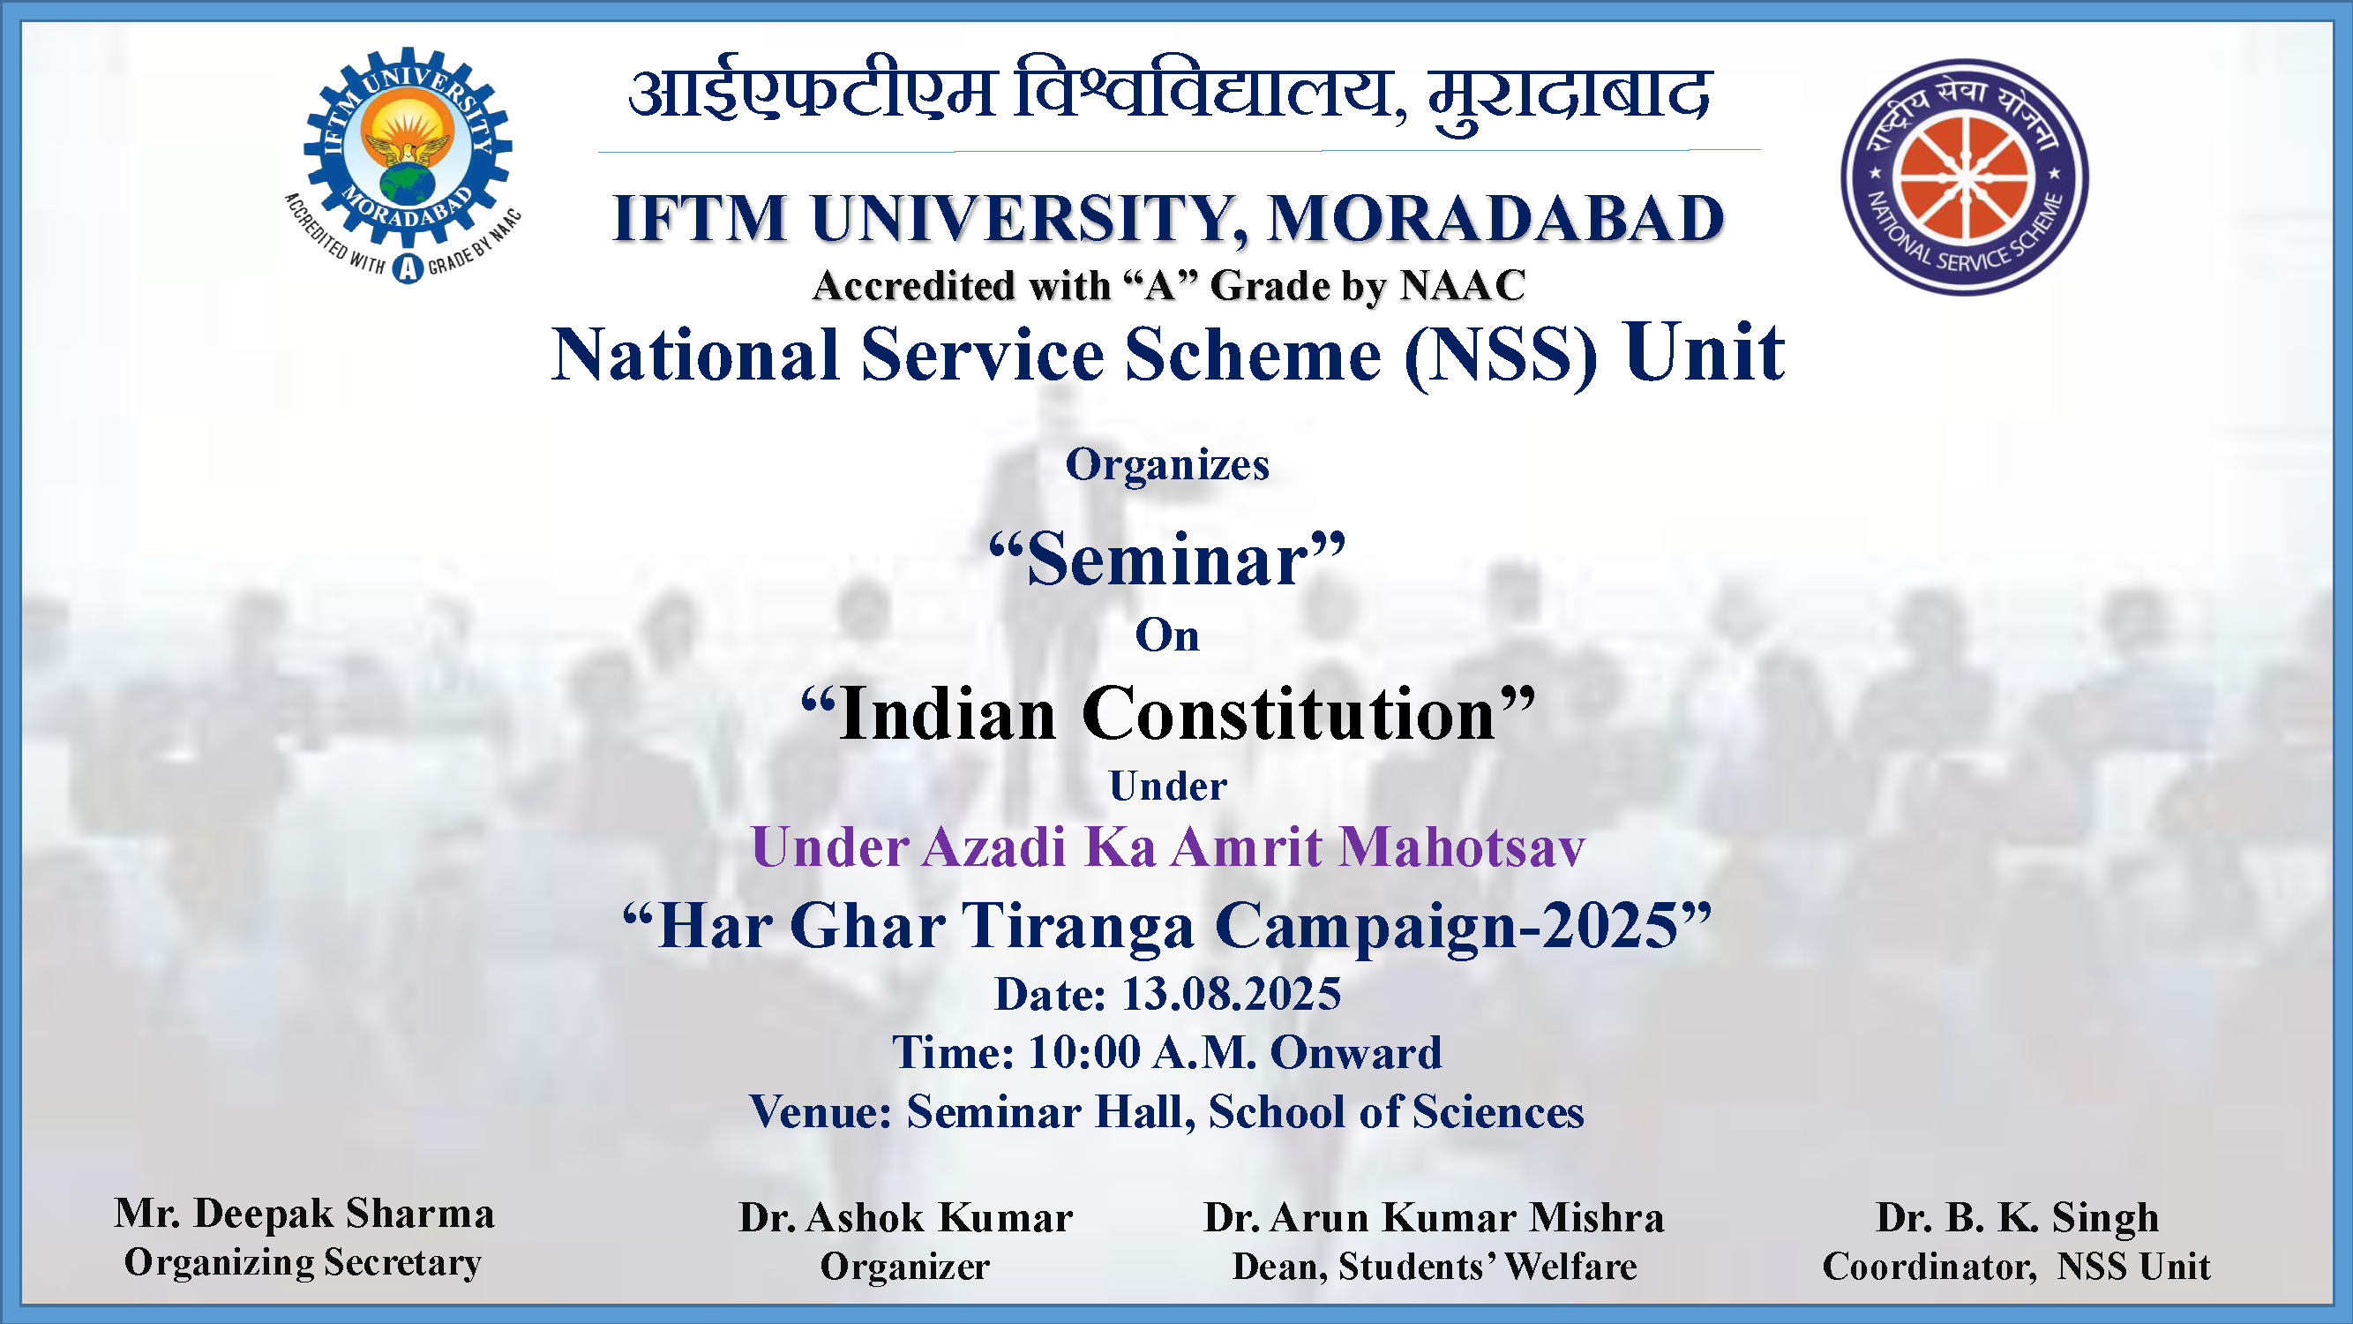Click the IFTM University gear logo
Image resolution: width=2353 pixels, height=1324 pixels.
pyautogui.click(x=405, y=164)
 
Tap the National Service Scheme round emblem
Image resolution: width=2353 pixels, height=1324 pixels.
pyautogui.click(x=1964, y=177)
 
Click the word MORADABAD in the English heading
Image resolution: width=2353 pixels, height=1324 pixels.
pyautogui.click(x=1496, y=219)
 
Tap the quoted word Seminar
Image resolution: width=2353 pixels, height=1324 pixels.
pyautogui.click(x=1167, y=560)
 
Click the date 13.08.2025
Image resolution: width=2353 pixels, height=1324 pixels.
pyautogui.click(x=1232, y=994)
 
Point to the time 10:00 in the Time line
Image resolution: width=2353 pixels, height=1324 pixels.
pyautogui.click(x=1084, y=1053)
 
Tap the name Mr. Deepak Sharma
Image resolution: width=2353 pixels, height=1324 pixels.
pyautogui.click(x=304, y=1215)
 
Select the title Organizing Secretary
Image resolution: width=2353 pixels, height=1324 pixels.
pyautogui.click(x=303, y=1264)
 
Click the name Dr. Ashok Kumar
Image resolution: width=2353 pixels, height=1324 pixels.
pyautogui.click(x=905, y=1218)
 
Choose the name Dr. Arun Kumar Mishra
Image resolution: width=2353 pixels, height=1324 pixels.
pyautogui.click(x=1434, y=1218)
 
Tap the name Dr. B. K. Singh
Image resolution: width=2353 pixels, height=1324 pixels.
pyautogui.click(x=2017, y=1218)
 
